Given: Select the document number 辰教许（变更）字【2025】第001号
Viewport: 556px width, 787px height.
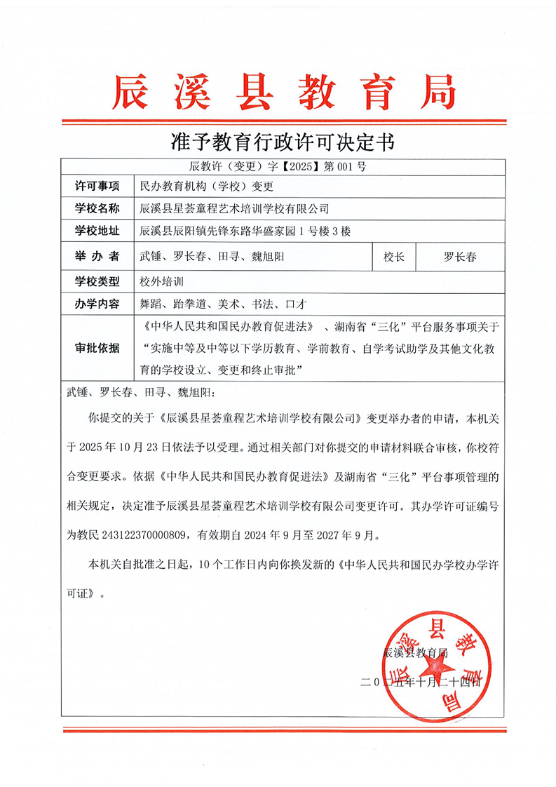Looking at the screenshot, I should pyautogui.click(x=278, y=167).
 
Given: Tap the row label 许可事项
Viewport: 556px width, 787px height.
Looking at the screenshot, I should pyautogui.click(x=97, y=186).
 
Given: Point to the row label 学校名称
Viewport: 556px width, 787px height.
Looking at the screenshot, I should pyautogui.click(x=97, y=208).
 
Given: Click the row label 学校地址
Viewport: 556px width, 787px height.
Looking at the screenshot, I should pyautogui.click(x=97, y=231).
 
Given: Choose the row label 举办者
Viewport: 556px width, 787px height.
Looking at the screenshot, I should pyautogui.click(x=97, y=257).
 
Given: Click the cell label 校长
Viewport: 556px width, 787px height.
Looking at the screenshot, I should pyautogui.click(x=393, y=257).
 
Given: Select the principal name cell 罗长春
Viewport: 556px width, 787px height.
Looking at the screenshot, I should pyautogui.click(x=460, y=257).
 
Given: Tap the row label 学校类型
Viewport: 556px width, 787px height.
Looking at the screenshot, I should pyautogui.click(x=97, y=281).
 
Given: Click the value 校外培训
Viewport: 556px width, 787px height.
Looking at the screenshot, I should pyautogui.click(x=162, y=281).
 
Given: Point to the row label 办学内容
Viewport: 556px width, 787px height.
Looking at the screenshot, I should pyautogui.click(x=97, y=304).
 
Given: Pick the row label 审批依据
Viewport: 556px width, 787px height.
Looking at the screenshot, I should pyautogui.click(x=97, y=348).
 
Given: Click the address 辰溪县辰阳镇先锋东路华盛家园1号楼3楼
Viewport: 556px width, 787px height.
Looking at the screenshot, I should pyautogui.click(x=245, y=231).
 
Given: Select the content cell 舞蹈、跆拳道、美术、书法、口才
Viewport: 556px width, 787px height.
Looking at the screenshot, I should pyautogui.click(x=220, y=304).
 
